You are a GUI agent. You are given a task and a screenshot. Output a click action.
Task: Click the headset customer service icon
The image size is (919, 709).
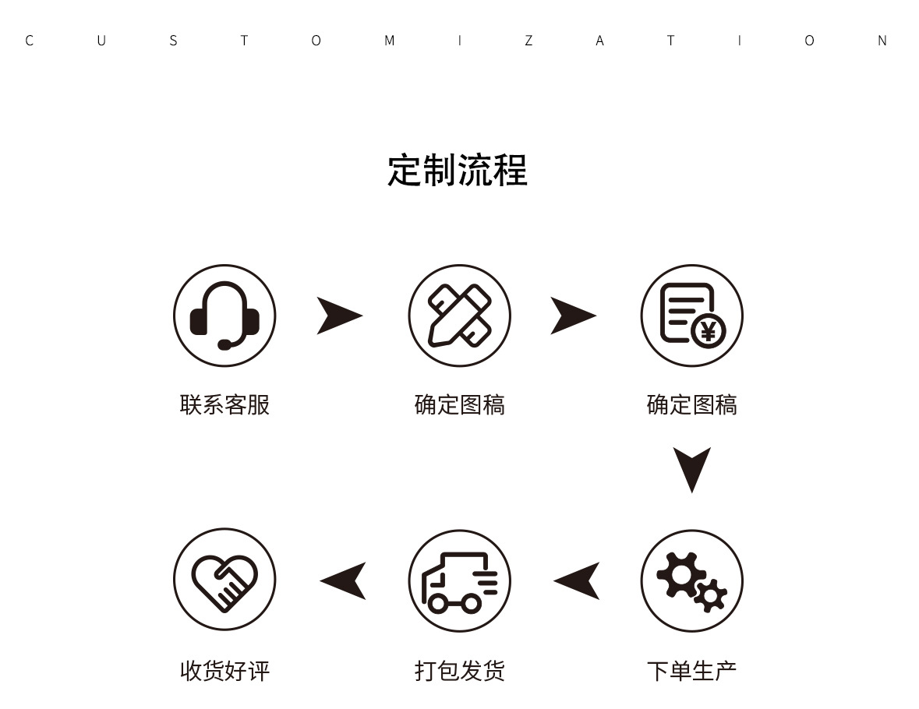click(x=224, y=316)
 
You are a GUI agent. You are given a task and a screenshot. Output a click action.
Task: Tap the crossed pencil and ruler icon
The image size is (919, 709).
click(x=459, y=316)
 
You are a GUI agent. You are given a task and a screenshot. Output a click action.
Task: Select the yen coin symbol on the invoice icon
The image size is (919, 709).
click(x=708, y=332)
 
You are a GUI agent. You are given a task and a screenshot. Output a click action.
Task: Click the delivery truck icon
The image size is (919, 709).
click(x=459, y=581)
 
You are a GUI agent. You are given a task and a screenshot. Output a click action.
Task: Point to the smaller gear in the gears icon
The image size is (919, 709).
click(x=710, y=595)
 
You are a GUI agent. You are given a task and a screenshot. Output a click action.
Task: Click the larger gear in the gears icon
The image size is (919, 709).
click(x=680, y=574)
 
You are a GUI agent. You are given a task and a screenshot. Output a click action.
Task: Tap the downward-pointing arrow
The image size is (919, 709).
click(x=691, y=468)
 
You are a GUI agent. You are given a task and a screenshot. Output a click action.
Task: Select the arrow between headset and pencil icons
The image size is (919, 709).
click(x=339, y=316)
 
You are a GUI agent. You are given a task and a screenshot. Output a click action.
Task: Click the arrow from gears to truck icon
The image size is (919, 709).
click(x=578, y=581)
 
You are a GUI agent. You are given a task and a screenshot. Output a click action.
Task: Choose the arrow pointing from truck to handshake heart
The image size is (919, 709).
click(x=344, y=581)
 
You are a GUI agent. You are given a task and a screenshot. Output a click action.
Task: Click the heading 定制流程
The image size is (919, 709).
click(x=458, y=170)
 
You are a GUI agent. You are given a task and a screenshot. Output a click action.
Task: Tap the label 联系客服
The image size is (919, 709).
click(x=224, y=405)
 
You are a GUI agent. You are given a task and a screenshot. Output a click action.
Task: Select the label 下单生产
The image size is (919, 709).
click(x=691, y=671)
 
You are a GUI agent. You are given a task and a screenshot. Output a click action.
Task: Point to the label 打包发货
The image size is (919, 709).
click(x=459, y=671)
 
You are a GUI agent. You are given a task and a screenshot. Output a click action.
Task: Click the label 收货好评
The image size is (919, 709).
click(x=224, y=671)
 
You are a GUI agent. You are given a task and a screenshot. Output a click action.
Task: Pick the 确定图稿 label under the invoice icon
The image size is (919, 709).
click(x=691, y=405)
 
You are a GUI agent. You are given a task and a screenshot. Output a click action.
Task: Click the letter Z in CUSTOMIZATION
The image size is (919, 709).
click(x=528, y=41)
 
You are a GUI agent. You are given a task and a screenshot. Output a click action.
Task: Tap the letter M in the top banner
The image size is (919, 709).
click(x=389, y=41)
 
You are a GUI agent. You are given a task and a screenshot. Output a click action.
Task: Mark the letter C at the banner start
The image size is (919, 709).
click(x=30, y=41)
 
